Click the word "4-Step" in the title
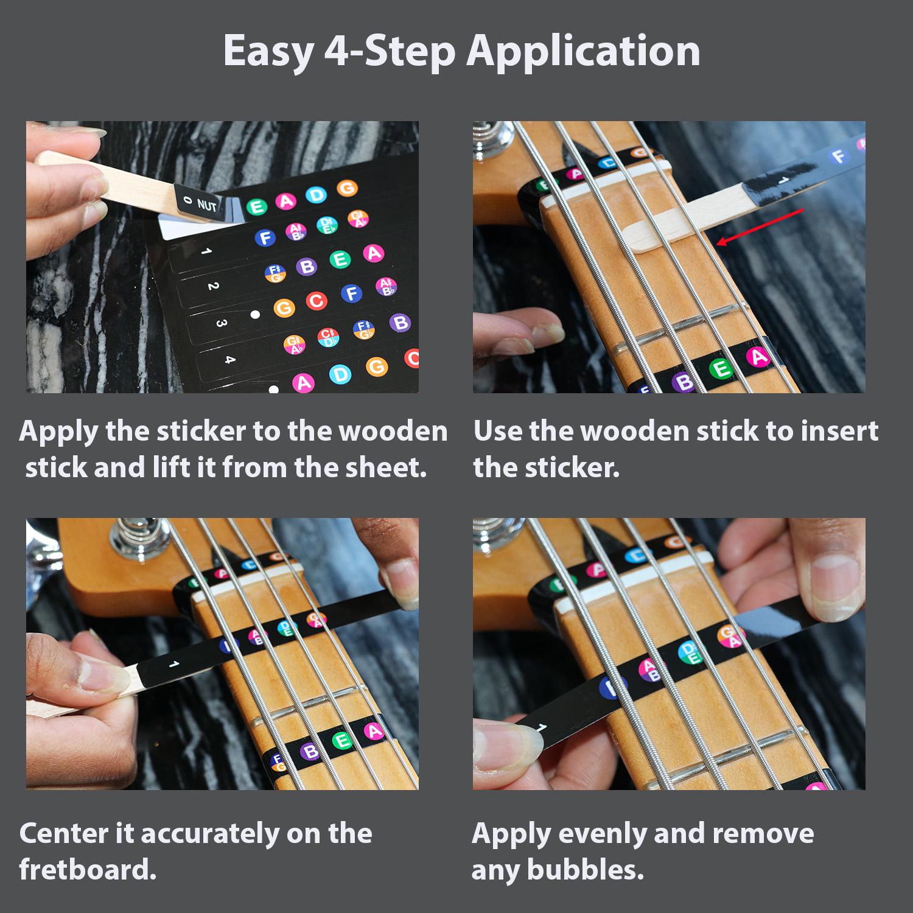[x=390, y=51]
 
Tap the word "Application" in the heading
[x=583, y=51]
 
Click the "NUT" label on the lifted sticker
[x=207, y=205]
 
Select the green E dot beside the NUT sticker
[x=256, y=207]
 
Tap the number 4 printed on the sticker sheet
[x=229, y=359]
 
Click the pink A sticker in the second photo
[x=759, y=357]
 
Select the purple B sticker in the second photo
[x=685, y=382]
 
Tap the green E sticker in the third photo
[x=343, y=740]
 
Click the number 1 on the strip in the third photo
[x=173, y=664]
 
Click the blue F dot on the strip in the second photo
[x=839, y=156]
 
